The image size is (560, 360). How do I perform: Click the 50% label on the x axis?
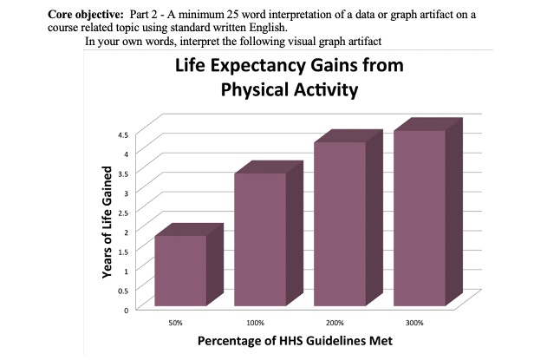click(x=175, y=322)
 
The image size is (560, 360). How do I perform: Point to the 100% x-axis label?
click(x=255, y=322)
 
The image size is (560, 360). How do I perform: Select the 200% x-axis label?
click(x=335, y=322)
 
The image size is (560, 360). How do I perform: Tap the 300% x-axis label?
click(x=414, y=322)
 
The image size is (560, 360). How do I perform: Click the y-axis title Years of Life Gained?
click(x=107, y=221)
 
